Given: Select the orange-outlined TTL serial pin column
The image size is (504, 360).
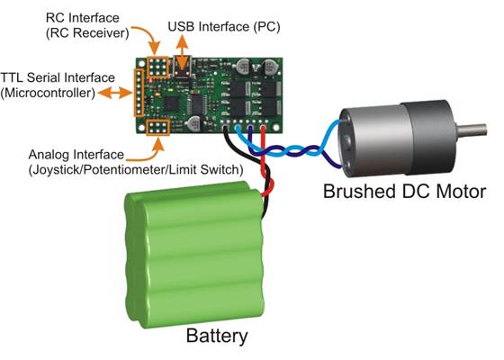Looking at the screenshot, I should [139, 93].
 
